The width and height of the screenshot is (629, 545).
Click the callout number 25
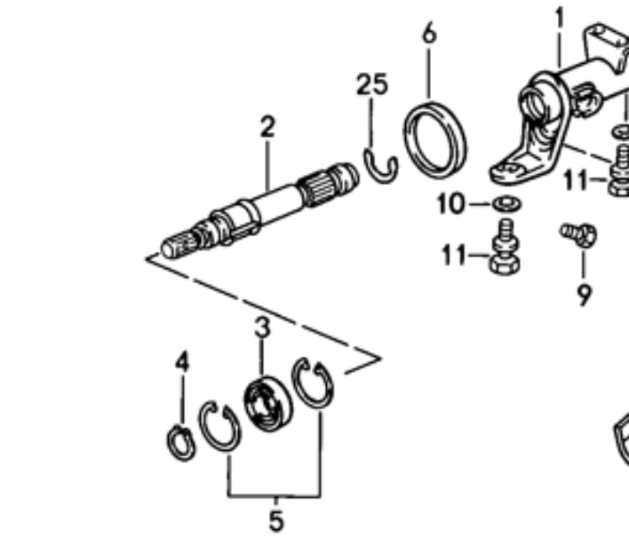(372, 84)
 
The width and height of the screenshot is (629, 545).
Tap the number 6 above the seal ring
(429, 33)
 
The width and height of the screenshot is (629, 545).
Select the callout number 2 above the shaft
(267, 127)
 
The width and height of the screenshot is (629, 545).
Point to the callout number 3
(262, 327)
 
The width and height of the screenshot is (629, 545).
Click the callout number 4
(182, 361)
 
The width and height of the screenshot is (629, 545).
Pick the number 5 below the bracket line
(276, 520)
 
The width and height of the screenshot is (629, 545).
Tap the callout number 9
(584, 296)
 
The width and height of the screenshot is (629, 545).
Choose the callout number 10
(451, 203)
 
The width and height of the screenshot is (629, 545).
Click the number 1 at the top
(559, 18)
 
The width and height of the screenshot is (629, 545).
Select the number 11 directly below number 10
(455, 255)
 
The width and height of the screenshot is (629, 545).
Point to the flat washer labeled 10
(507, 204)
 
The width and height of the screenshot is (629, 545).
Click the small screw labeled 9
(579, 234)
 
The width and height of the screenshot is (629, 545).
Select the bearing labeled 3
(268, 404)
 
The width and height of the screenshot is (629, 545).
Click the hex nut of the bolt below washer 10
(505, 265)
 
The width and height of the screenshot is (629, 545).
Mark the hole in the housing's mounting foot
(512, 169)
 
